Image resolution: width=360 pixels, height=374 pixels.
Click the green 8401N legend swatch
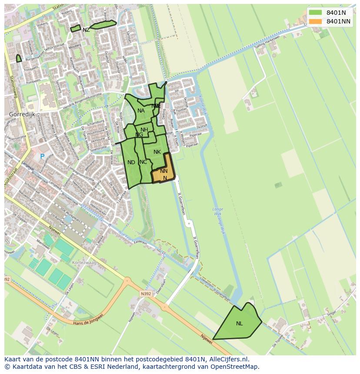(316, 13)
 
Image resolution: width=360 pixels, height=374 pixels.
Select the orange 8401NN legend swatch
(316, 21)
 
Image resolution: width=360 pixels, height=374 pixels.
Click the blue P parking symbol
(42, 156)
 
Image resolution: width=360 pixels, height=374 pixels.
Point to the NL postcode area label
(240, 324)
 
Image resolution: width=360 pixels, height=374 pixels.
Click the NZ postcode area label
(86, 30)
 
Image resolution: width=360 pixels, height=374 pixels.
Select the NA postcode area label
(141, 111)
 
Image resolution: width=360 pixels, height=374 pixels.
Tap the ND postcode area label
(131, 162)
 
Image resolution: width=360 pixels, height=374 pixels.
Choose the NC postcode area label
(143, 162)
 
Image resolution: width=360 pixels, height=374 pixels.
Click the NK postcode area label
(157, 152)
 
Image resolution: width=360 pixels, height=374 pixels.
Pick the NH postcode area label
(144, 130)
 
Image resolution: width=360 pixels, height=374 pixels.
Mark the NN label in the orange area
(163, 171)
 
